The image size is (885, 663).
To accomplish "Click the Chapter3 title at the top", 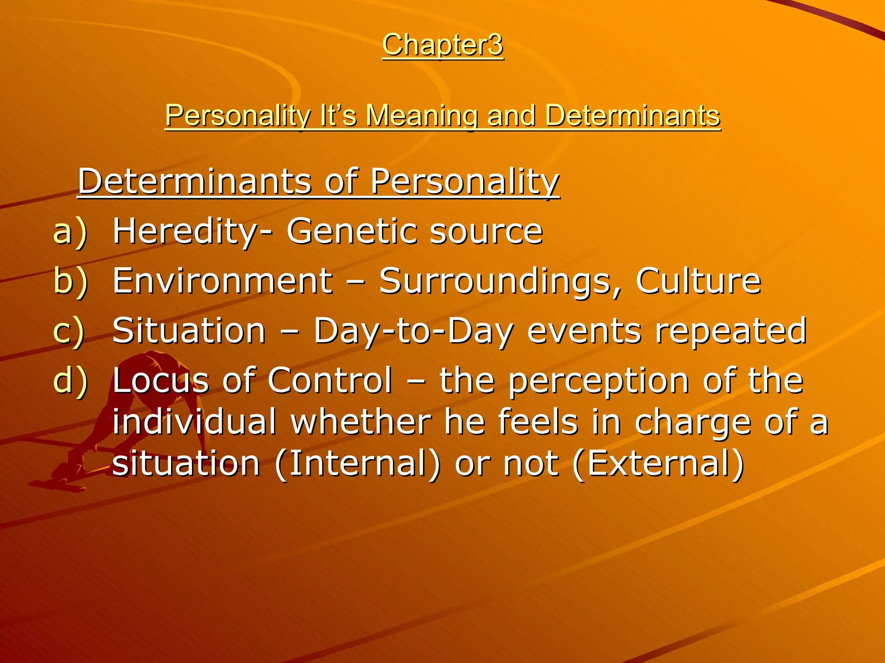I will pos(442,45).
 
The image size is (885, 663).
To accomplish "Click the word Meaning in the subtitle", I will pos(421,116).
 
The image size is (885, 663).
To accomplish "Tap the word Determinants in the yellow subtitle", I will pos(632,116).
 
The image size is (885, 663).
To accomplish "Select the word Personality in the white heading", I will pos(465,182).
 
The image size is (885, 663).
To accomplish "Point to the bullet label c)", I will pos(69,331).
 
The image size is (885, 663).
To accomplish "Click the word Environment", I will pos(223,281).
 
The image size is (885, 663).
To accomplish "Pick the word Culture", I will pos(698,281).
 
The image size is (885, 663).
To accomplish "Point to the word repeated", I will pos(730,331).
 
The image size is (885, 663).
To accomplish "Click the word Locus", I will pos(160,381).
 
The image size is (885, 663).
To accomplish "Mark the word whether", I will pos(361,422).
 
